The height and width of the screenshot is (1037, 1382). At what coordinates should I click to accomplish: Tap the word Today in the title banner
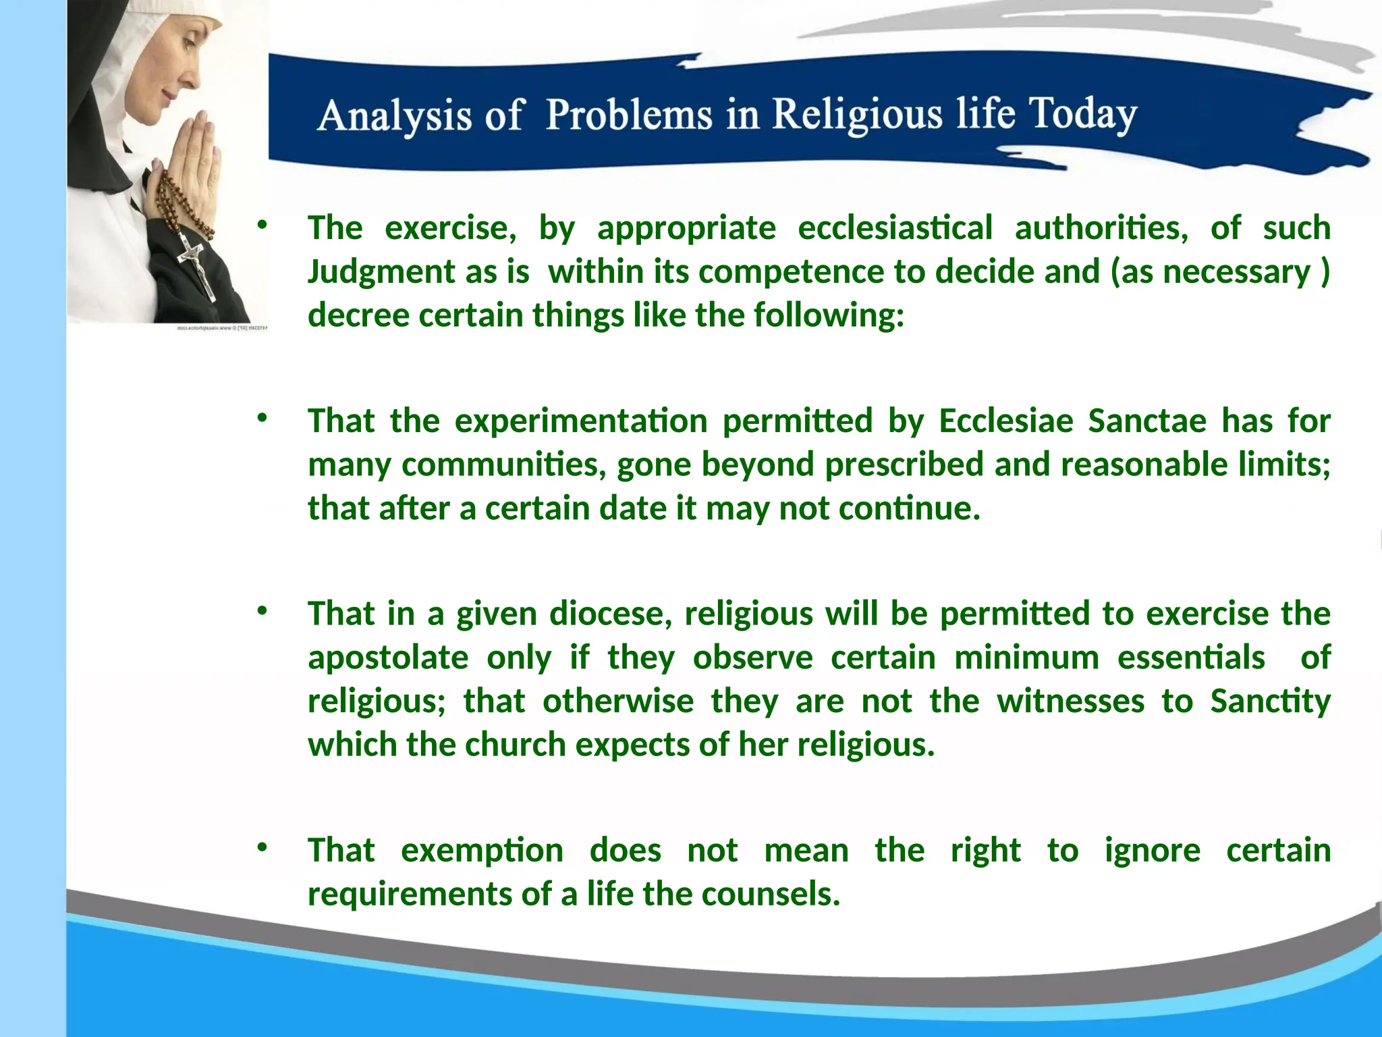(x=1082, y=114)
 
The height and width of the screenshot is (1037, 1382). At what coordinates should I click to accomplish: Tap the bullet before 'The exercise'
(x=262, y=225)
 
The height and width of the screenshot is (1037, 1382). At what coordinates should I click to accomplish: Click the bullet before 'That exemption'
(x=262, y=847)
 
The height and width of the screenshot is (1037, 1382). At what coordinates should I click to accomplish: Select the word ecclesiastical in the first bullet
(x=895, y=228)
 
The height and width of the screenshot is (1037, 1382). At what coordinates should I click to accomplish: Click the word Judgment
(x=382, y=272)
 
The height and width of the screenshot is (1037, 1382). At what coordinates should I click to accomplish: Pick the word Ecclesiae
(x=1005, y=421)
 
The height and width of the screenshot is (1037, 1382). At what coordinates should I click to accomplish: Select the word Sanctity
(x=1269, y=701)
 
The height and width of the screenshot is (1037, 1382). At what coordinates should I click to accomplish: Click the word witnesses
(x=1070, y=701)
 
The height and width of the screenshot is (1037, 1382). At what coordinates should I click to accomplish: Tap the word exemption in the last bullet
(x=482, y=851)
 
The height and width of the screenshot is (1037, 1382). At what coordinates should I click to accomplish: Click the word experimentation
(x=580, y=421)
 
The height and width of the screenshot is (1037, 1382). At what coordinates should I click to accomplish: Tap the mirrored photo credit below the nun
(x=223, y=328)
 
